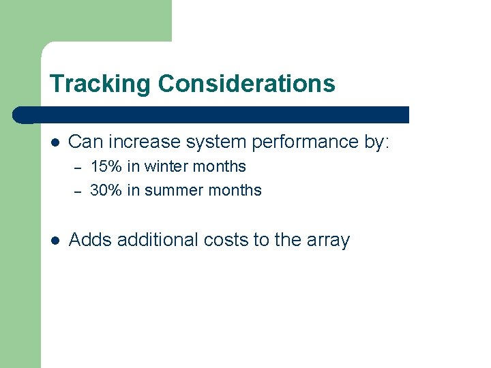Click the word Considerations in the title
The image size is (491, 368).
246,84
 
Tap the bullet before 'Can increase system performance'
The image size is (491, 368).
55,142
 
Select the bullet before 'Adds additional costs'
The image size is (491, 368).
55,241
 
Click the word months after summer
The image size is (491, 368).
236,190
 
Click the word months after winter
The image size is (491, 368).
220,167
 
